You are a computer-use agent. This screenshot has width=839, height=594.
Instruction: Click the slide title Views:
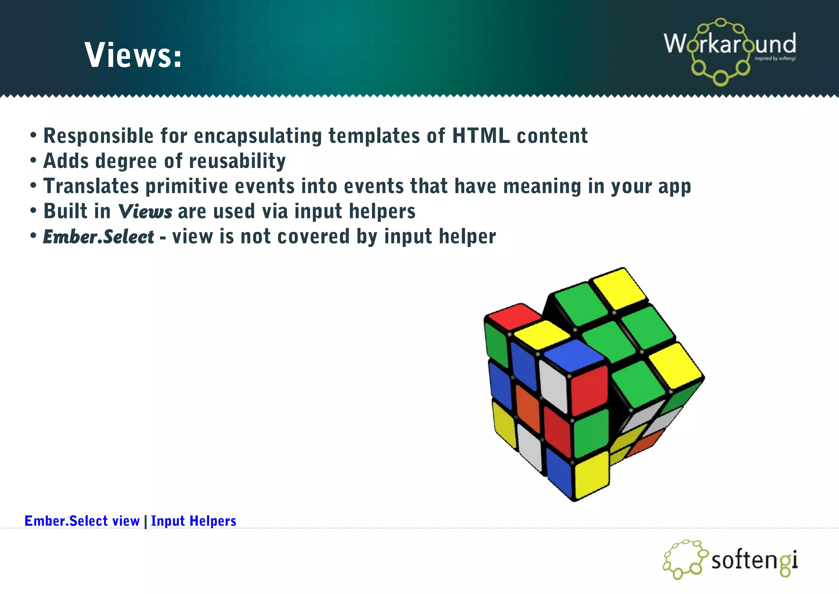133,55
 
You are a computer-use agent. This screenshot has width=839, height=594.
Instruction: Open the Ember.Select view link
82,521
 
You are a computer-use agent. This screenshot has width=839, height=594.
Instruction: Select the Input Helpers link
193,521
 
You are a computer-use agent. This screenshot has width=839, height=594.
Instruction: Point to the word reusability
237,161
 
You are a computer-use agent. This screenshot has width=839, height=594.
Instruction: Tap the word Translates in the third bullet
91,186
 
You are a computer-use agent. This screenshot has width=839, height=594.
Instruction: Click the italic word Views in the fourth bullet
145,212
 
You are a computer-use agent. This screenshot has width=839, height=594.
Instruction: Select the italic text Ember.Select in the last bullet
98,237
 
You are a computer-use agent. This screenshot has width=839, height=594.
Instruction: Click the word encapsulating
258,136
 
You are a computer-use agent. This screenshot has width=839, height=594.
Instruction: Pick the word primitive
186,186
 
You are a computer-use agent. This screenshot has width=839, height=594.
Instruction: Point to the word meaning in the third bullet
542,186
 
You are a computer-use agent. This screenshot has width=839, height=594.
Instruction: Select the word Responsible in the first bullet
98,136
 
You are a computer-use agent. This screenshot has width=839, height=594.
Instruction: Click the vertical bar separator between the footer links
145,521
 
